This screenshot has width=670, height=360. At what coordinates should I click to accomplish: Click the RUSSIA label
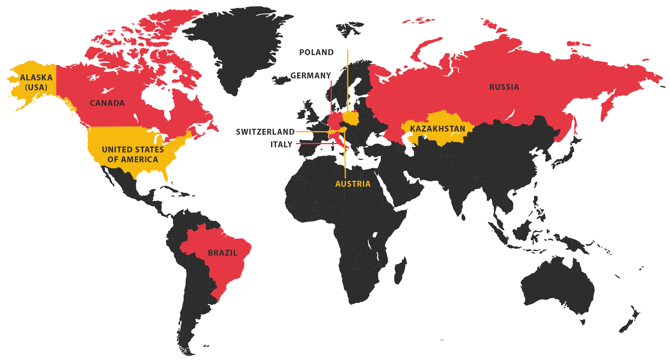pos(504,87)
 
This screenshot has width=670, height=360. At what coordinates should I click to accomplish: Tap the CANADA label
pos(107,103)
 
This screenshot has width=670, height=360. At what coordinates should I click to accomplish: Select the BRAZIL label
pos(223,253)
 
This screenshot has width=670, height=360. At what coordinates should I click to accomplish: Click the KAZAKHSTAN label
pos(437,129)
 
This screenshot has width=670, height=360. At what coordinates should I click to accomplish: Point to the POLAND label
pos(316,52)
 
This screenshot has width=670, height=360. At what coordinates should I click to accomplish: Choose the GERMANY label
pos(311,76)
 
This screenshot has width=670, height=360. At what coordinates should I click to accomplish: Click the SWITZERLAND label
pos(265,132)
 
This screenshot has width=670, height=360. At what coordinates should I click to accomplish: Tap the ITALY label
pos(281,145)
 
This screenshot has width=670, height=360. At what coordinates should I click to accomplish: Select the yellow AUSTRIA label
pos(353,184)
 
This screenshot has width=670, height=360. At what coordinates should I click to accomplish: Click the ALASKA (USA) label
pos(36,82)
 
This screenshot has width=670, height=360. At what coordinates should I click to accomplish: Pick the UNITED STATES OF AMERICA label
pos(133,154)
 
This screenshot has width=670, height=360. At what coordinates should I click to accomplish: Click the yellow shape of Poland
pos(351,118)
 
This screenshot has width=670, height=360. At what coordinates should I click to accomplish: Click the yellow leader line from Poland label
pos(348,79)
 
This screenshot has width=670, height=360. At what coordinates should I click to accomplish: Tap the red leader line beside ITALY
pos(315,143)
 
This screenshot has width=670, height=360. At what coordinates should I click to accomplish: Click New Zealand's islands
pos(631,321)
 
